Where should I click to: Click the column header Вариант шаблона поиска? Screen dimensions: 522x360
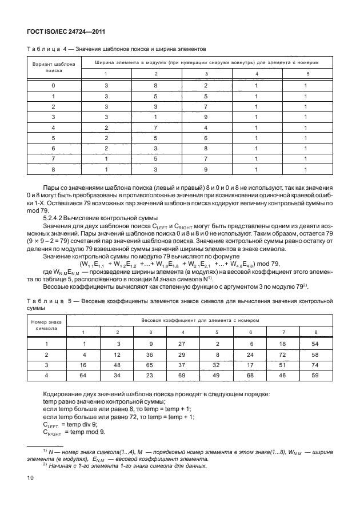[x=53, y=69]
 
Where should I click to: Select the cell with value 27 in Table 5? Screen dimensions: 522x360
[x=182, y=344]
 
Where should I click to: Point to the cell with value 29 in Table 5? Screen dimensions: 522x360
[x=182, y=354]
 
